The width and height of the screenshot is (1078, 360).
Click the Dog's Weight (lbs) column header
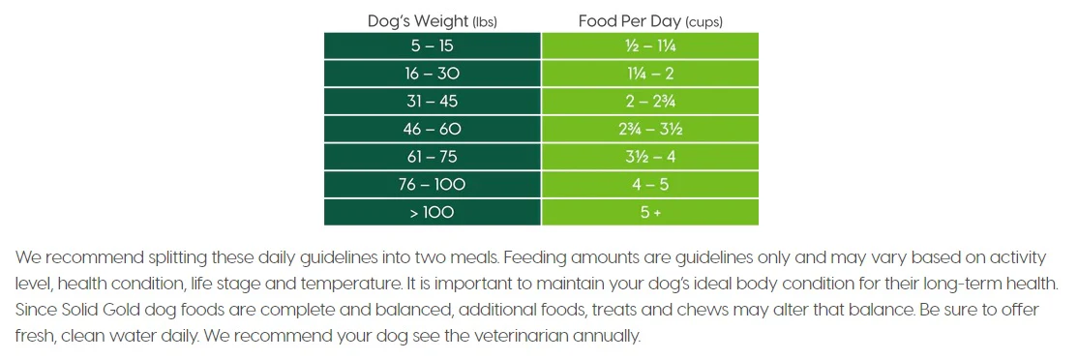pyautogui.click(x=433, y=21)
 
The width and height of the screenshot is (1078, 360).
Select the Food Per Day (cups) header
pyautogui.click(x=650, y=21)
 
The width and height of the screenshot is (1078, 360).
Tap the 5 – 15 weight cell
pyautogui.click(x=433, y=45)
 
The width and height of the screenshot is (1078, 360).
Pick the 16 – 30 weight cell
pyautogui.click(x=433, y=74)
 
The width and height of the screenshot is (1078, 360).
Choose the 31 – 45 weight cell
pyautogui.click(x=433, y=101)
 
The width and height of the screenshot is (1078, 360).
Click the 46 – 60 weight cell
pyautogui.click(x=433, y=129)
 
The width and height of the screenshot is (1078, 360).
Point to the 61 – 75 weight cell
pyautogui.click(x=433, y=157)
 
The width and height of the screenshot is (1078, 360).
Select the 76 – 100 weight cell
pyautogui.click(x=433, y=185)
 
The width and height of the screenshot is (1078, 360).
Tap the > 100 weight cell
pyautogui.click(x=433, y=212)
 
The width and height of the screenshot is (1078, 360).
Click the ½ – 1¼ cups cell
pyautogui.click(x=650, y=45)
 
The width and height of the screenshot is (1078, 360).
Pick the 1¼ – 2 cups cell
pyautogui.click(x=650, y=74)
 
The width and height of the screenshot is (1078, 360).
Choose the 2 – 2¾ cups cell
pyautogui.click(x=650, y=101)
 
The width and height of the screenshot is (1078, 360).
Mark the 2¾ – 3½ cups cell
pyautogui.click(x=650, y=129)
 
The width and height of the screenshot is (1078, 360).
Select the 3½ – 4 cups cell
pyautogui.click(x=650, y=157)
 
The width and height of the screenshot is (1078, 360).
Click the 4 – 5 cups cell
pyautogui.click(x=650, y=185)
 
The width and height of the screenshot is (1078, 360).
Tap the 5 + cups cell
pyautogui.click(x=650, y=212)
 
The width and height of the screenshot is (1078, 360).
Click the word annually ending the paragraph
pyautogui.click(x=613, y=338)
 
